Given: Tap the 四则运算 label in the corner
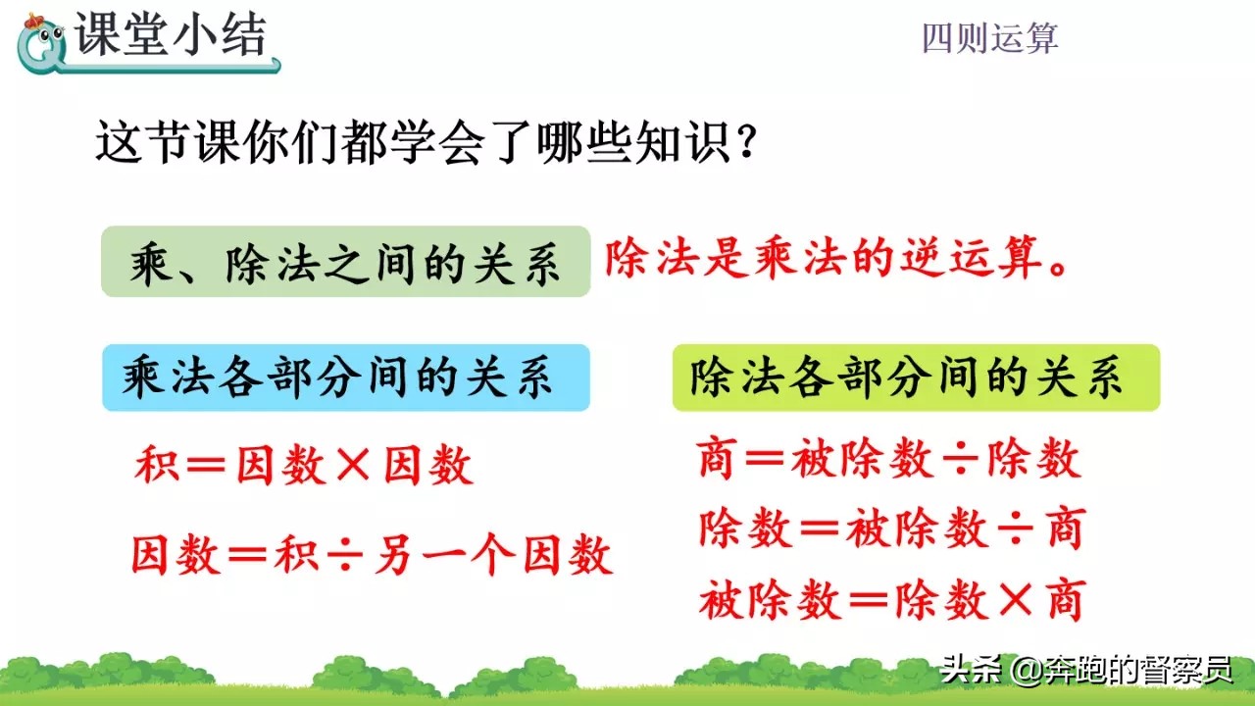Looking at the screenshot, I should pos(989,38).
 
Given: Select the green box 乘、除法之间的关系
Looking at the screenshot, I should pos(345,262).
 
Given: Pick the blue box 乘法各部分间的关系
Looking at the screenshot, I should pos(345,378).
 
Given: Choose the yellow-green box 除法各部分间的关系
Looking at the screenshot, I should pos(915,378).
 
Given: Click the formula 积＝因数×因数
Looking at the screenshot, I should pos(304,467).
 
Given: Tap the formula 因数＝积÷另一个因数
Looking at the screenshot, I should pos(373,555).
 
